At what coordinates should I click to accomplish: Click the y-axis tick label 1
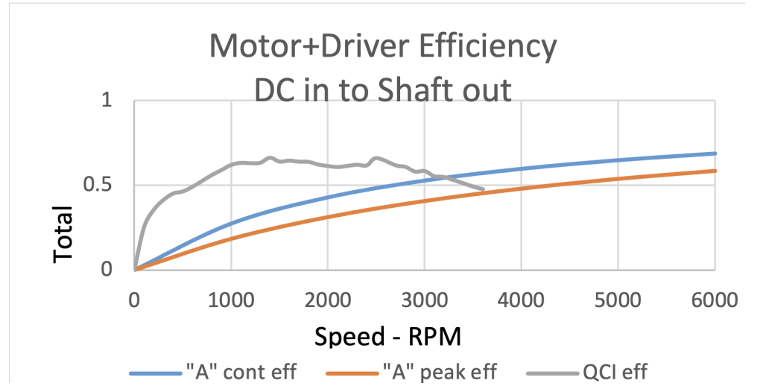point(112,101)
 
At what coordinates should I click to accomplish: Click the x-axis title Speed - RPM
point(387,336)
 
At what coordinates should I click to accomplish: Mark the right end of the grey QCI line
point(484,189)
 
